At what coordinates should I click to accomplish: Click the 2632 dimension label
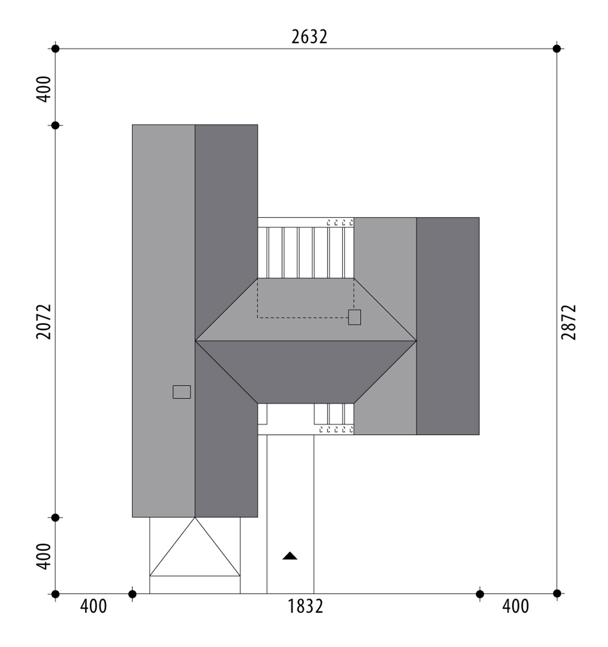(x=310, y=37)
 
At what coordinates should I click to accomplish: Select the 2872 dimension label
(x=569, y=322)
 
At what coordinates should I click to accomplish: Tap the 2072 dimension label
(x=44, y=322)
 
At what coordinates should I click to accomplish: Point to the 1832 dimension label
(x=305, y=606)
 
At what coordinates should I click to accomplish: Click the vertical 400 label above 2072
(x=44, y=89)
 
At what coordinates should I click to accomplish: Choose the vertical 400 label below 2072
(x=44, y=557)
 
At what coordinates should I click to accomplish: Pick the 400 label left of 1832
(x=93, y=606)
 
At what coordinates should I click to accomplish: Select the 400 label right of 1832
(x=516, y=606)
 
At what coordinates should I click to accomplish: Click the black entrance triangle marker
(x=290, y=556)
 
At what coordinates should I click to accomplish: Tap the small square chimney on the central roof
(x=354, y=318)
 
